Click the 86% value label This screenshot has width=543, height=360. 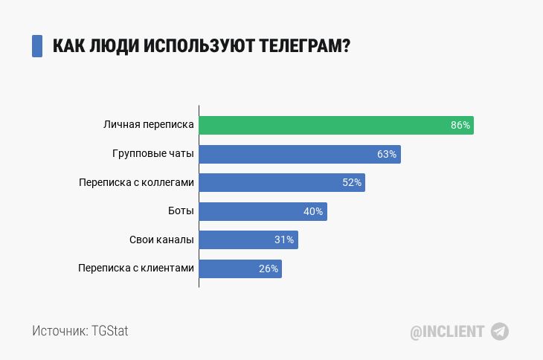460,126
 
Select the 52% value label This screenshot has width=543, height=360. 352,183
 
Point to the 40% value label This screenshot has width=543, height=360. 313,212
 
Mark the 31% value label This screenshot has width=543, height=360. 284,240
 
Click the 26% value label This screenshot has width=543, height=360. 269,269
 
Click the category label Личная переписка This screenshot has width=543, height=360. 149,126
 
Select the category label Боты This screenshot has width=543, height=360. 181,211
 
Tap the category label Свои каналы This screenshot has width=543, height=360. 161,240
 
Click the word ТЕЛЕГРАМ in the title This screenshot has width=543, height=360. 304,46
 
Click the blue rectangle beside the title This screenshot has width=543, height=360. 37,46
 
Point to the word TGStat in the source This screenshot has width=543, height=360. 110,331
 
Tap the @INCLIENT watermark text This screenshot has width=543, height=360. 447,332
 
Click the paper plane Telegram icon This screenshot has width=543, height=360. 500,332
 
